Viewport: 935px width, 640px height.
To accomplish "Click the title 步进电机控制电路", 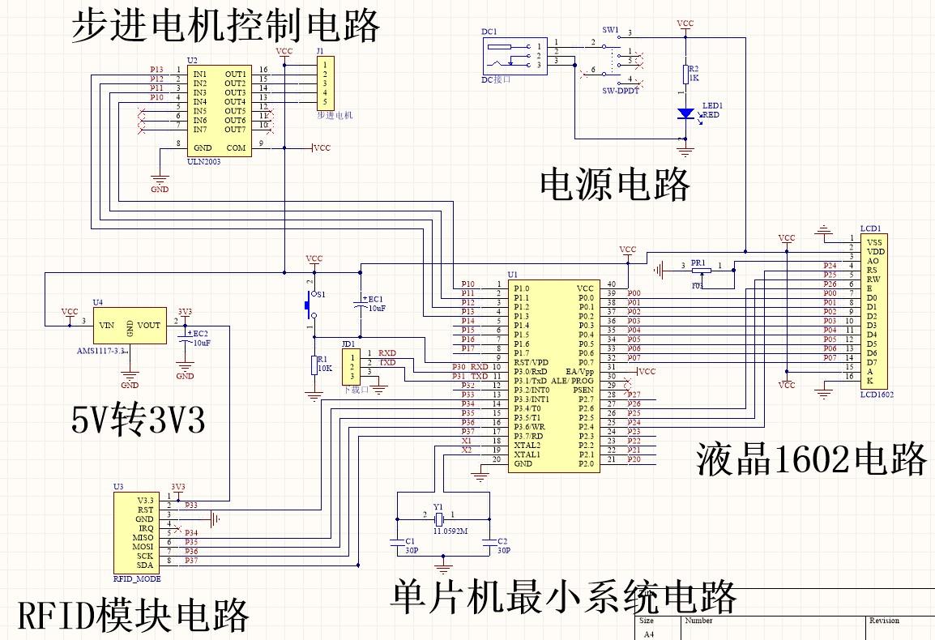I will pos(225,27).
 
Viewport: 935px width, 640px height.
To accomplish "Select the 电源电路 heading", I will pos(615,185).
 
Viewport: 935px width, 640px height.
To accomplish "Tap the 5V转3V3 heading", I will pos(139,420).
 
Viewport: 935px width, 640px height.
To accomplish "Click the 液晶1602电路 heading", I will pos(811,460).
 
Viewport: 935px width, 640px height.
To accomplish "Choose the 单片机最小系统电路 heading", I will pos(563,598).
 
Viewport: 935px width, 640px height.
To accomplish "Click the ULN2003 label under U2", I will pos(203,161).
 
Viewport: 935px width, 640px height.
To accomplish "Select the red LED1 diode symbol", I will pos(685,113).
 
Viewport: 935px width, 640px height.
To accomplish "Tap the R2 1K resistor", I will pos(685,75).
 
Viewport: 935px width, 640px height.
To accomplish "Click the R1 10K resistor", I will pos(314,365).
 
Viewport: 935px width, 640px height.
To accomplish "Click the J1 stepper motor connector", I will pos(324,83).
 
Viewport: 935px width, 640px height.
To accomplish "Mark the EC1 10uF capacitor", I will pos(361,305).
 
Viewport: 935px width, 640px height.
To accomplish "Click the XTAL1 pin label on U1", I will pos(527,454).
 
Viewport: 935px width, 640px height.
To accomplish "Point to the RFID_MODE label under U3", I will pos(137,579).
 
